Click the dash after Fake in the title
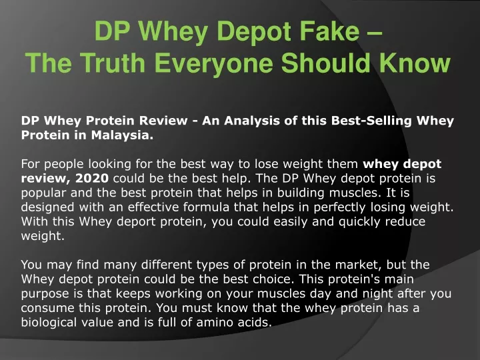click(374, 33)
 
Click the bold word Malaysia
click(122, 135)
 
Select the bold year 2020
click(92, 178)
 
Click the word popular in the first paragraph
click(43, 193)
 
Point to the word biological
click(49, 323)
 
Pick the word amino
click(213, 323)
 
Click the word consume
click(47, 308)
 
